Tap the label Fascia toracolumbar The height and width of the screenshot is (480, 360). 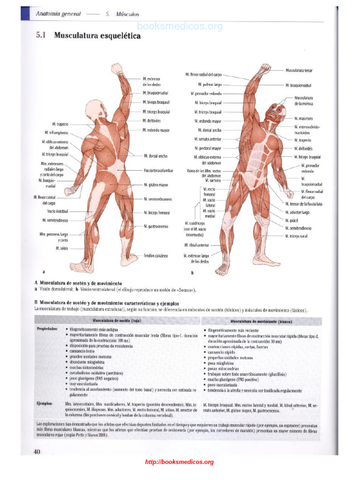click(x=158, y=171)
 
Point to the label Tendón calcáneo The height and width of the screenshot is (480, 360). click(x=156, y=256)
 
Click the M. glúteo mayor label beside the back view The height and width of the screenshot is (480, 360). click(x=156, y=185)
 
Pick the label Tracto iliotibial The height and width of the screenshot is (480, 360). click(x=57, y=212)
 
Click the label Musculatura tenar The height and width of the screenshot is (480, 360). click(x=299, y=70)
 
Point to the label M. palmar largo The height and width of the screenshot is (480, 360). click(x=210, y=85)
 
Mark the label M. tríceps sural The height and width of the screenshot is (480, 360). click(x=297, y=236)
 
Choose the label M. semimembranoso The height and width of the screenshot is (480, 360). click(x=157, y=199)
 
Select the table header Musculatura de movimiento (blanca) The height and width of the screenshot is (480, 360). click(x=261, y=321)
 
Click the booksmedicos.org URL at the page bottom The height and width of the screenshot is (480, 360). click(x=180, y=462)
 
